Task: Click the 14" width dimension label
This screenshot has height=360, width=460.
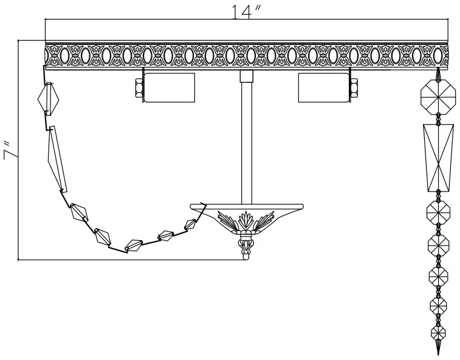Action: (247, 12)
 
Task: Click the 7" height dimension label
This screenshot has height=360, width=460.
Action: (9, 150)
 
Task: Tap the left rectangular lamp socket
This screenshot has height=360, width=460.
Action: (169, 88)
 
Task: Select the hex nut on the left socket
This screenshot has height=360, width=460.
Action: (138, 89)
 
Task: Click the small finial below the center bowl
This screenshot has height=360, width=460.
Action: (245, 246)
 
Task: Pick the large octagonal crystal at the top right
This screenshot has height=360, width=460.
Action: (438, 96)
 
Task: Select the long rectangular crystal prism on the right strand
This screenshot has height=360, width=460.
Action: (438, 158)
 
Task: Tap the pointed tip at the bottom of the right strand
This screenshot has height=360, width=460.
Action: (436, 349)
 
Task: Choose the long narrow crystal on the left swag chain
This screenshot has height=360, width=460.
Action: (57, 158)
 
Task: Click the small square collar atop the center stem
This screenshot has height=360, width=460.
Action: (246, 76)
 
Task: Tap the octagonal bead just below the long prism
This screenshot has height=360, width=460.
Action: (438, 212)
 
